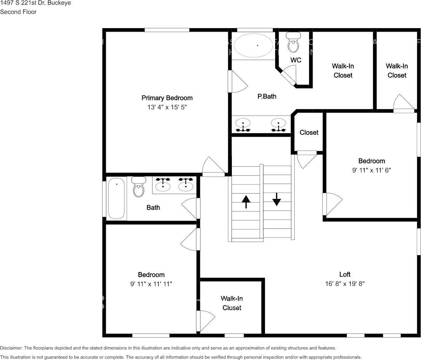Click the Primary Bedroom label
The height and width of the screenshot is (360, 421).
click(x=167, y=98)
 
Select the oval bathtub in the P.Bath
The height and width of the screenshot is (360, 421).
click(x=253, y=45)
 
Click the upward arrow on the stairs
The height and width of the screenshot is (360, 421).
click(x=246, y=201)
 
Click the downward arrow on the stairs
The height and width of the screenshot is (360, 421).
click(x=276, y=199)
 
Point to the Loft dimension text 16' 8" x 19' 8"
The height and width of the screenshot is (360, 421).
click(x=345, y=284)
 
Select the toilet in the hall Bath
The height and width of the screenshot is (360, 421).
click(x=139, y=186)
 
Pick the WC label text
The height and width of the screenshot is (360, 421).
click(x=296, y=60)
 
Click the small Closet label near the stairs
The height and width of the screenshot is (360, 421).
click(x=309, y=132)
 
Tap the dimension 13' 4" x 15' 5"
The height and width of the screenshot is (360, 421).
click(x=167, y=107)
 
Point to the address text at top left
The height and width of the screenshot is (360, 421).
click(x=35, y=3)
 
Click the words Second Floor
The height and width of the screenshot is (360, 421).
click(x=18, y=12)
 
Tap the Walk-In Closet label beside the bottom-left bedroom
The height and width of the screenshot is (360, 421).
click(x=231, y=303)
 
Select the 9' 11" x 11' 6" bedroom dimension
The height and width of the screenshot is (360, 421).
click(x=372, y=170)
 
